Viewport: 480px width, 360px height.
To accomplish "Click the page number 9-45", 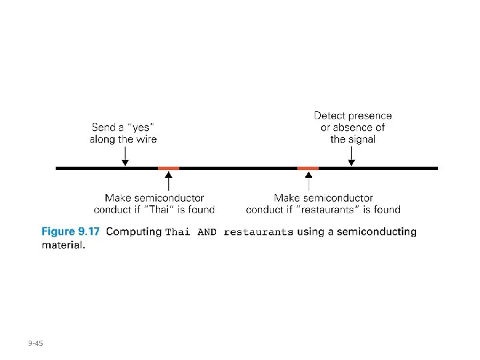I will pyautogui.click(x=35, y=343).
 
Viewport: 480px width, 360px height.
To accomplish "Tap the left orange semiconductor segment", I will pyautogui.click(x=169, y=169).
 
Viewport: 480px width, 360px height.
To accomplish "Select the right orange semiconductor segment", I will pyautogui.click(x=308, y=169).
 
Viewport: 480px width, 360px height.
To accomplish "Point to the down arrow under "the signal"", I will pyautogui.click(x=352, y=156).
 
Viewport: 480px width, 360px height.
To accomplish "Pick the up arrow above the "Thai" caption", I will pyautogui.click(x=169, y=181).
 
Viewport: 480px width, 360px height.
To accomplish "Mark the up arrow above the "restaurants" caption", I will pyautogui.click(x=308, y=181).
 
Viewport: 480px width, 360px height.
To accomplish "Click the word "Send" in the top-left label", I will pyautogui.click(x=103, y=127).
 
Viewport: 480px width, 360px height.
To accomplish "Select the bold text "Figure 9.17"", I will pyautogui.click(x=70, y=232).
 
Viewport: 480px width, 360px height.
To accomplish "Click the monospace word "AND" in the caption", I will pyautogui.click(x=208, y=233).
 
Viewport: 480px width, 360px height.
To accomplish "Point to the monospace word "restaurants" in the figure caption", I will pyautogui.click(x=259, y=233).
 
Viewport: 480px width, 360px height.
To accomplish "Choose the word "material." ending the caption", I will pyautogui.click(x=63, y=245).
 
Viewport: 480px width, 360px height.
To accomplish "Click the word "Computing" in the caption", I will pyautogui.click(x=133, y=232).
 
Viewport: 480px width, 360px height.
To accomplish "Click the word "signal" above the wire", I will pyautogui.click(x=362, y=139).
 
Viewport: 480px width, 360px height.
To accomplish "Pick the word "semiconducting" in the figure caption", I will pyautogui.click(x=377, y=232).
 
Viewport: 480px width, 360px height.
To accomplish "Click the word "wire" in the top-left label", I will pyautogui.click(x=146, y=139).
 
